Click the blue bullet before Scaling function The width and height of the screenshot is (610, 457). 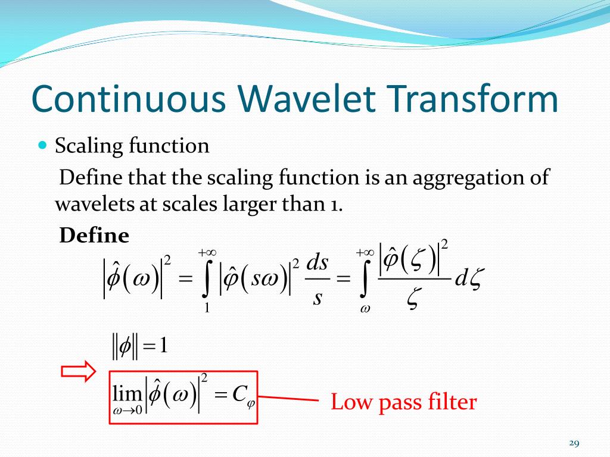coord(42,145)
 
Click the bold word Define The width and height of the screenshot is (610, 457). coord(94,236)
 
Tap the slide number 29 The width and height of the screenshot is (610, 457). coord(574,443)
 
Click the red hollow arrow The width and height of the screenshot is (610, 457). coord(78,371)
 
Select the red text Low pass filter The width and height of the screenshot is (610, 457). coord(403,402)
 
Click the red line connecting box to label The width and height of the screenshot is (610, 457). coord(288,398)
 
